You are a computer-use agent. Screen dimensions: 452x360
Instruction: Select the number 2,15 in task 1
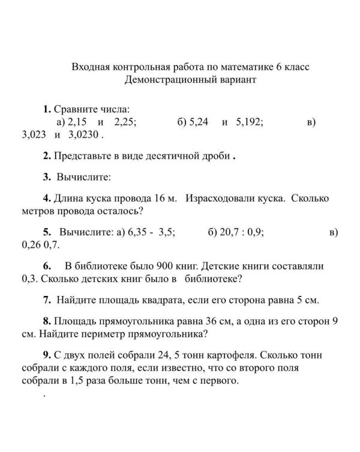[77, 121]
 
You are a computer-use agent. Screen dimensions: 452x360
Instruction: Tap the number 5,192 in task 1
[250, 121]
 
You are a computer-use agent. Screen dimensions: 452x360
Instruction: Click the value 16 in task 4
[160, 198]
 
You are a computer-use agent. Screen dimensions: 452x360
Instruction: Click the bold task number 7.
[47, 300]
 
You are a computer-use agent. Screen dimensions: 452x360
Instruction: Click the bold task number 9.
[47, 355]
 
